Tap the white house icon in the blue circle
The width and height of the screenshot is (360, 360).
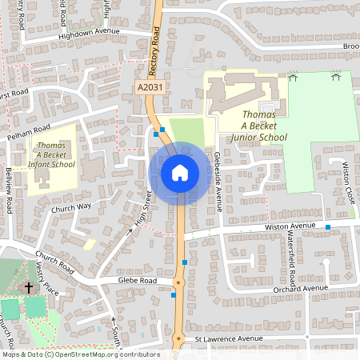[x=180, y=173]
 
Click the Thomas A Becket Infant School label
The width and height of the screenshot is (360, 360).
[x=51, y=154]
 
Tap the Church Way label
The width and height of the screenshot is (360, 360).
[x=71, y=206]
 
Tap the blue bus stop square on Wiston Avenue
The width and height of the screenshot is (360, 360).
[x=328, y=228]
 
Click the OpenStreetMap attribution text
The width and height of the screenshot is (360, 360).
[x=80, y=354]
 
